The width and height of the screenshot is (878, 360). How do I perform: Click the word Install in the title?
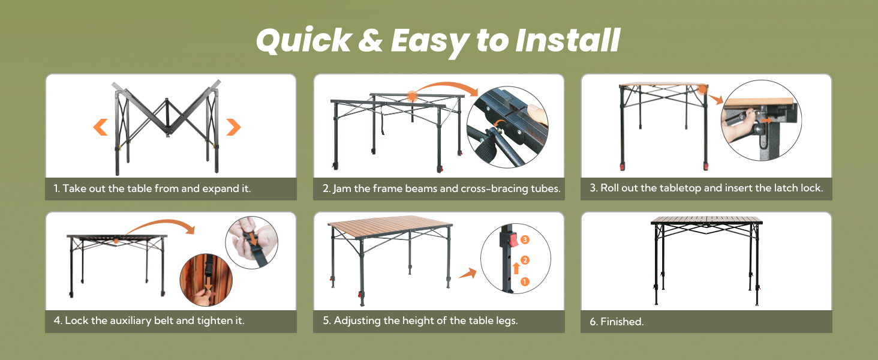coord(567,41)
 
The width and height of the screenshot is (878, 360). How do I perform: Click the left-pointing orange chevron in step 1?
coord(100,127)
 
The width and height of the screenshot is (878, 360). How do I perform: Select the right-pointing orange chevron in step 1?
coord(233,127)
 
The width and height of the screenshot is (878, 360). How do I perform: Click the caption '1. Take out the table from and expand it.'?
coord(152,188)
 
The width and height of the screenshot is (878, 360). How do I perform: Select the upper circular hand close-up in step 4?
coord(251,242)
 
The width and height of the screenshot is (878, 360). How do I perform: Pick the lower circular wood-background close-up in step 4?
coord(206,280)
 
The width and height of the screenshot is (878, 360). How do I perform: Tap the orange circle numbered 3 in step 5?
coord(525,239)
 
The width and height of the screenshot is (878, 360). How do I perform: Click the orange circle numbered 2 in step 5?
coord(525,260)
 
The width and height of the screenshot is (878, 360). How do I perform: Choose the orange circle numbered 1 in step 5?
coord(525,281)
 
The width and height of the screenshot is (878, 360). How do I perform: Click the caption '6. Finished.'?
coord(617,322)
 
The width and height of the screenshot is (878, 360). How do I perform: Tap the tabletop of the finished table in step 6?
coord(706,220)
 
